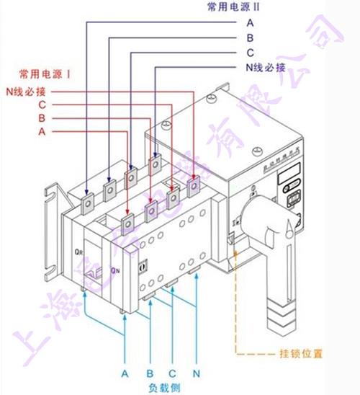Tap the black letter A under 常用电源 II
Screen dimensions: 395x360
(250, 22)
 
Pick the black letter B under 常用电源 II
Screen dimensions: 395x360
(250, 37)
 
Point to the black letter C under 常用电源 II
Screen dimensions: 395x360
(250, 53)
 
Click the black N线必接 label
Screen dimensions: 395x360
(265, 68)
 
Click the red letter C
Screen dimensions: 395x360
(43, 105)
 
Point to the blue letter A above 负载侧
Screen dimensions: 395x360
(125, 373)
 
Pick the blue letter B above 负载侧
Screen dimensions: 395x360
(150, 373)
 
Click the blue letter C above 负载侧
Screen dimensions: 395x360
(172, 373)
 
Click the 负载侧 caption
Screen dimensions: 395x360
(162, 388)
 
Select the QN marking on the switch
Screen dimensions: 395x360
(115, 270)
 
